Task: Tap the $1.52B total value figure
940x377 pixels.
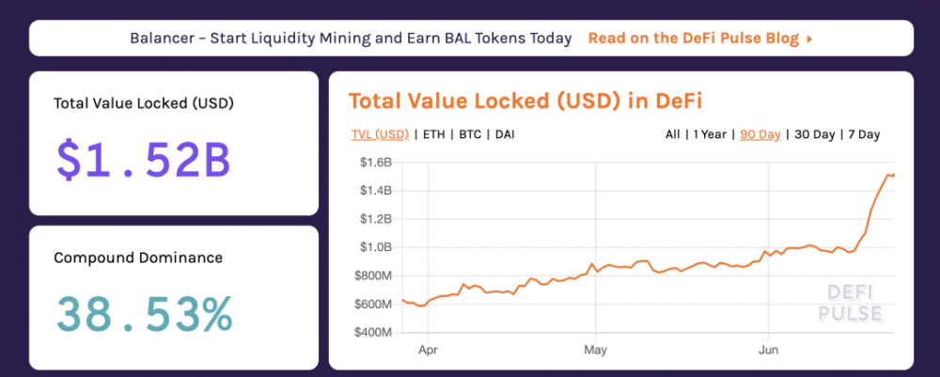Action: pyautogui.click(x=143, y=161)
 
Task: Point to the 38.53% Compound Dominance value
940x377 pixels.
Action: pyautogui.click(x=144, y=314)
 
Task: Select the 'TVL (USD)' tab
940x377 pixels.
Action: pyautogui.click(x=380, y=134)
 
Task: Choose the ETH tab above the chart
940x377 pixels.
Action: pyautogui.click(x=434, y=134)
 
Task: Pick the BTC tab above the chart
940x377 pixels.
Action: pyautogui.click(x=471, y=134)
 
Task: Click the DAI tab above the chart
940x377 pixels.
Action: pyautogui.click(x=505, y=134)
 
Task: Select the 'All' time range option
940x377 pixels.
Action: pyautogui.click(x=672, y=134)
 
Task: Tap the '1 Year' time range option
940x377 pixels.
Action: pyautogui.click(x=710, y=134)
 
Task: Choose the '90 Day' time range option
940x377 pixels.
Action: pyautogui.click(x=760, y=134)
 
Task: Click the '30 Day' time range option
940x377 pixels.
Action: pyautogui.click(x=813, y=134)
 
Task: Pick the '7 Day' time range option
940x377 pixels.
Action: pyautogui.click(x=863, y=134)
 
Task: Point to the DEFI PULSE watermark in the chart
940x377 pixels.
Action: pyautogui.click(x=850, y=302)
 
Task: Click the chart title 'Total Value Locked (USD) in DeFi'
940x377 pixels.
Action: pyautogui.click(x=525, y=102)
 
